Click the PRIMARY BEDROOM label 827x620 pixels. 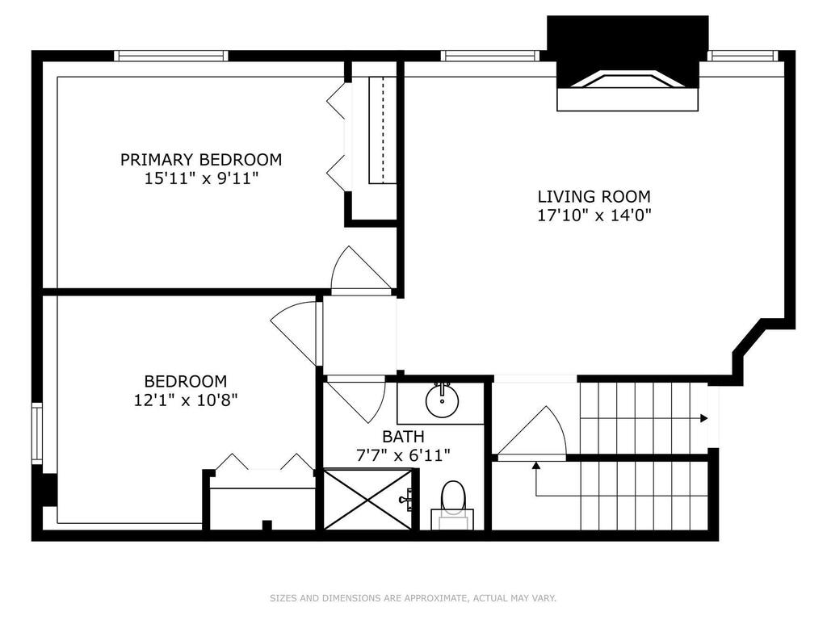[x=201, y=159]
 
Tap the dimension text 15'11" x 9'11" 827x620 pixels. [x=201, y=178]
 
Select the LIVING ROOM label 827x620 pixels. [x=594, y=197]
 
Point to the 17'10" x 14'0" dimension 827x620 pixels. [x=594, y=215]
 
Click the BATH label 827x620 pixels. [x=404, y=437]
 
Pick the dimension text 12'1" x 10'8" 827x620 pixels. [x=186, y=400]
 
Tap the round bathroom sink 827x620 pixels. [x=442, y=400]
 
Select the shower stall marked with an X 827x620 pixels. [x=367, y=499]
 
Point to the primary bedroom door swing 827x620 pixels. [x=361, y=269]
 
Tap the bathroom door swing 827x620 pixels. [x=356, y=399]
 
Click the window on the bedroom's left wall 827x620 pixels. [x=37, y=434]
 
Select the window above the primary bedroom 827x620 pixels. [x=171, y=56]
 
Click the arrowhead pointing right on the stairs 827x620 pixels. [x=703, y=419]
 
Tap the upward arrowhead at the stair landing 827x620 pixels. [x=536, y=466]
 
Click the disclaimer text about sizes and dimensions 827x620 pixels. [x=413, y=598]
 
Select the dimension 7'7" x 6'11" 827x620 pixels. [x=404, y=455]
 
